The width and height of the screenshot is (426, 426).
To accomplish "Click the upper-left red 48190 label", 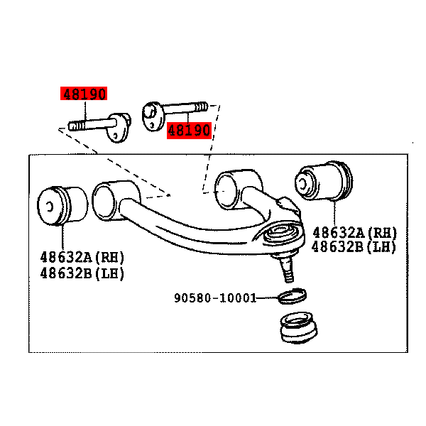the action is click(84, 94).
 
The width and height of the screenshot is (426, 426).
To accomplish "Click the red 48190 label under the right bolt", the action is click(189, 131).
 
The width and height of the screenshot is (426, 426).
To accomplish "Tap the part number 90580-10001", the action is click(215, 298).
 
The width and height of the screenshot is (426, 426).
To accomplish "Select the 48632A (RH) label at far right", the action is click(354, 233).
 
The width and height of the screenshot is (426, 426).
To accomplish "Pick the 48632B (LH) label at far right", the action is click(354, 247).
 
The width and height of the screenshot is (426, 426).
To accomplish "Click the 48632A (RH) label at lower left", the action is click(82, 257).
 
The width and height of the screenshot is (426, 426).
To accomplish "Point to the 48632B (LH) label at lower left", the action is click(82, 273).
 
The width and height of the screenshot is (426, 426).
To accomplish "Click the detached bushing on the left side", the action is click(62, 206).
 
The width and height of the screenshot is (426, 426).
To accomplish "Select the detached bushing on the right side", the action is click(324, 181).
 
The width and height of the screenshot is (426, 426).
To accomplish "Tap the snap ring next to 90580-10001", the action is click(293, 296).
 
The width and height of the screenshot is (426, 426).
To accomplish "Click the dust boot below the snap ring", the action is click(299, 327).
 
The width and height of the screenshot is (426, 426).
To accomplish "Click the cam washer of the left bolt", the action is click(119, 128).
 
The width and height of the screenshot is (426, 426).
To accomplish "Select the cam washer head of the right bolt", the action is click(153, 116).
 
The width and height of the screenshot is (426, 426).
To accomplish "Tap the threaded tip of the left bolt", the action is click(76, 126).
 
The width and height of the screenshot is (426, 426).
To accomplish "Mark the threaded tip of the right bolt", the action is click(201, 106).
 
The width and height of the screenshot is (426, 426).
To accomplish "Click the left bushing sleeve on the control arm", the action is click(116, 200).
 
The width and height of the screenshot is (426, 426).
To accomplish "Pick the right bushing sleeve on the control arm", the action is click(238, 190).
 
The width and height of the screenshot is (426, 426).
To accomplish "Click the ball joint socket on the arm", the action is click(283, 234).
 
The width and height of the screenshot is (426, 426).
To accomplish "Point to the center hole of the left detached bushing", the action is click(50, 207).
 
